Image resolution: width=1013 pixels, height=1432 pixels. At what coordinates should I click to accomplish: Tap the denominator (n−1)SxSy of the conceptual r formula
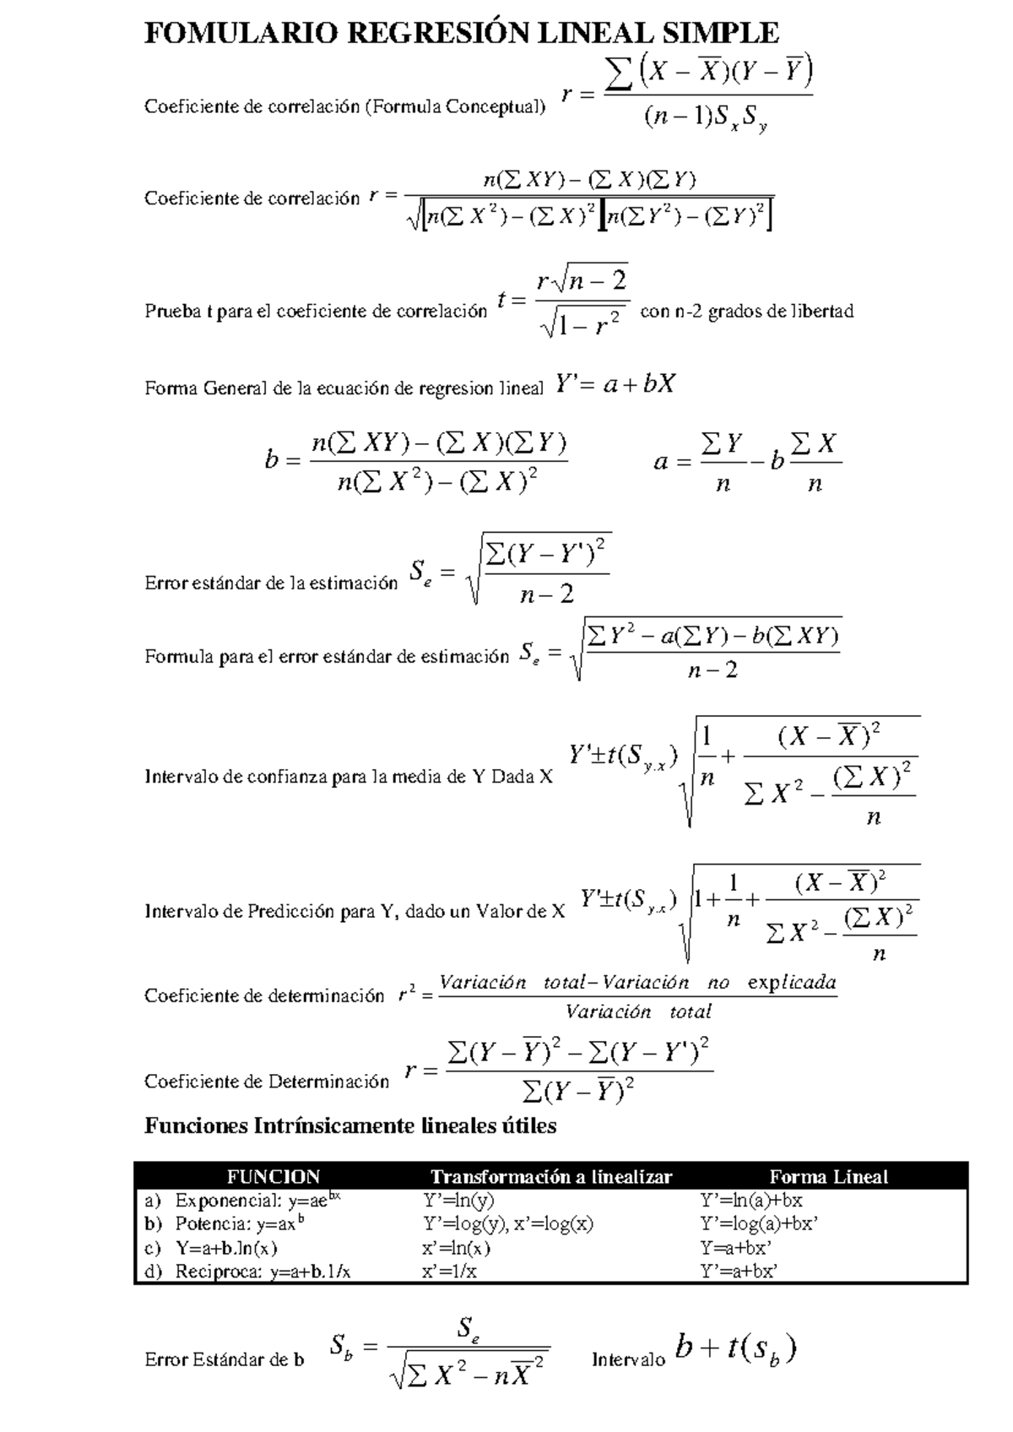[x=704, y=120]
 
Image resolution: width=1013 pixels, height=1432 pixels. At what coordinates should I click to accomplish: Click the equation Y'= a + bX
[x=616, y=385]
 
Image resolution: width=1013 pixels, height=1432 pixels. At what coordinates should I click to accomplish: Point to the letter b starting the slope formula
[x=271, y=461]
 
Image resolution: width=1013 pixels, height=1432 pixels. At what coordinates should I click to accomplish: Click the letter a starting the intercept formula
[x=661, y=463]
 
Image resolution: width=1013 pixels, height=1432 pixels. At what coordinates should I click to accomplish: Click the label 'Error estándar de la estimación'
[x=270, y=583]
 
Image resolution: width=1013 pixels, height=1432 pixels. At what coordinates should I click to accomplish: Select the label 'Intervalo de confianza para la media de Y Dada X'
[x=348, y=777]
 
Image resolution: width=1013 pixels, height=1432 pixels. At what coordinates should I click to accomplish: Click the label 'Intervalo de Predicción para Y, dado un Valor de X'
[x=355, y=912]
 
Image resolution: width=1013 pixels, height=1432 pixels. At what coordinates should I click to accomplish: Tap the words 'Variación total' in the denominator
[x=638, y=1012]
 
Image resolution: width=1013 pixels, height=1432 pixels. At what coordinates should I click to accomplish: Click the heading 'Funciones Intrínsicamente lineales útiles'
[x=350, y=1126]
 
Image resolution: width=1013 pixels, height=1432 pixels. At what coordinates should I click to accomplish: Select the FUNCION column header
[x=273, y=1177]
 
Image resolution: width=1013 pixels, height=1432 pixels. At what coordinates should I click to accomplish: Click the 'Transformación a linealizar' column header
[x=550, y=1177]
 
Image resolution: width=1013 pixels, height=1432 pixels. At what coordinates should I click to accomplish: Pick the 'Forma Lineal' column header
[x=828, y=1177]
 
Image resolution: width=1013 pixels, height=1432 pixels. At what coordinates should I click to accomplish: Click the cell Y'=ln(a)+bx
[x=750, y=1201]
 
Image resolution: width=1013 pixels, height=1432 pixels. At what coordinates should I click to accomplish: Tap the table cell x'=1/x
[x=449, y=1272]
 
